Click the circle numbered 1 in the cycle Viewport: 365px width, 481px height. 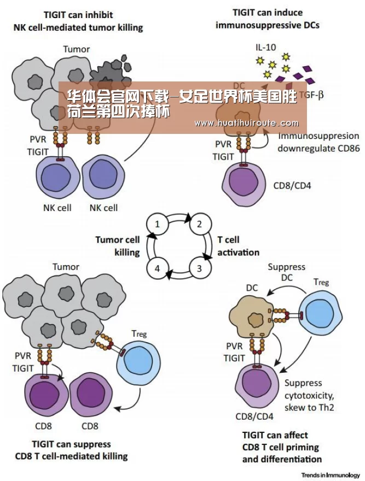[x=157, y=224]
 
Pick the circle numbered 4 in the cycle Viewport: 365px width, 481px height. [x=157, y=268]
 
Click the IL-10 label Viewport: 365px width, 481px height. [x=265, y=47]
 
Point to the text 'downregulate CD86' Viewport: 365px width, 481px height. [x=318, y=149]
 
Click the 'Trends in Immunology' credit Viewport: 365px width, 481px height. [x=331, y=475]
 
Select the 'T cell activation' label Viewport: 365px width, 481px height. [x=238, y=246]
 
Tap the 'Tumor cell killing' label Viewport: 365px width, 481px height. [x=117, y=246]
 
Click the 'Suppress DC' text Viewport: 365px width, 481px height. [x=286, y=272]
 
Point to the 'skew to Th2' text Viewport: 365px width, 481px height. [x=309, y=407]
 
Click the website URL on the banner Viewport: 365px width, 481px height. [x=246, y=124]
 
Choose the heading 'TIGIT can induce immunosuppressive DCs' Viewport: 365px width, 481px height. [x=267, y=19]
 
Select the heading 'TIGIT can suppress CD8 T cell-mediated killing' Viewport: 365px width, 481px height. [x=71, y=450]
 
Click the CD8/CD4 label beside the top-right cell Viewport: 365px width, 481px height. [x=292, y=186]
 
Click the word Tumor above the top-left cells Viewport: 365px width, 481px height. [x=77, y=49]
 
